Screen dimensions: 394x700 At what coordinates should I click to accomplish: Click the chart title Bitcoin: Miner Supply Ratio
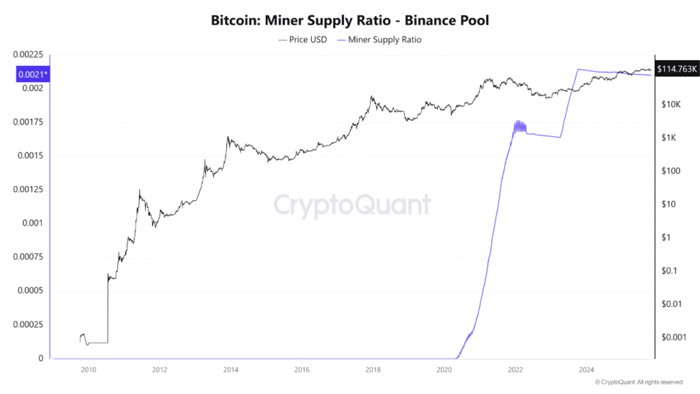350,21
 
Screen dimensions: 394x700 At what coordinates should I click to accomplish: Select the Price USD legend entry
303,40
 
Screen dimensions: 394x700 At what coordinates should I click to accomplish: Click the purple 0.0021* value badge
31,75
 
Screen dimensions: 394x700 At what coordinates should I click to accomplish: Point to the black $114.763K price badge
676,68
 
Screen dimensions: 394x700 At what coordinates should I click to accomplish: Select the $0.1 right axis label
668,271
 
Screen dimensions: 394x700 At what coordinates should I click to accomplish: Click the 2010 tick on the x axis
87,370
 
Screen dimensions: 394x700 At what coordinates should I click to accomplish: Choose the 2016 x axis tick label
301,370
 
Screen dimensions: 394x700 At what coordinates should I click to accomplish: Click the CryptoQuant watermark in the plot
352,205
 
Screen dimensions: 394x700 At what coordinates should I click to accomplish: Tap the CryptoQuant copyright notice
638,382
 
